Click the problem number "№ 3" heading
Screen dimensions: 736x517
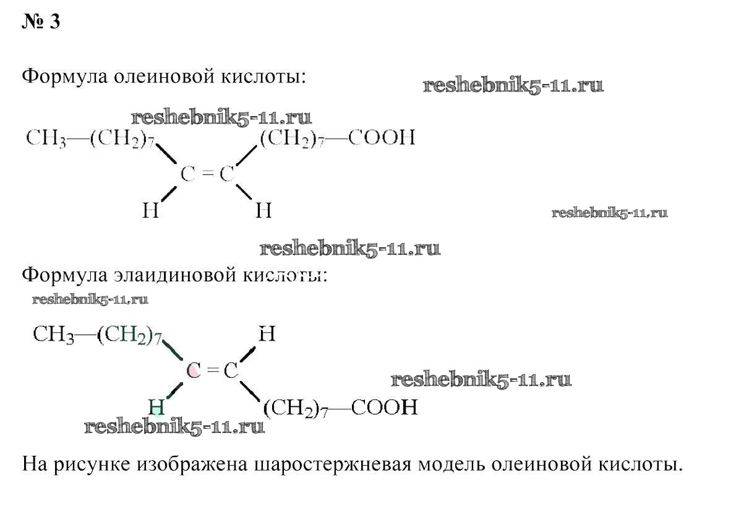point(41,22)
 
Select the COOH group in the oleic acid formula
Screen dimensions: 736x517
point(382,137)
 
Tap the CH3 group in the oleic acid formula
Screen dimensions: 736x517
point(46,139)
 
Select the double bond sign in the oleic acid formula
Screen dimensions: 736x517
point(207,174)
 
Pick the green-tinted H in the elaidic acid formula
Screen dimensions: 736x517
point(156,407)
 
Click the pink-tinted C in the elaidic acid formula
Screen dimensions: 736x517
point(194,370)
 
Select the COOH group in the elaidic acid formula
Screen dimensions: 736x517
point(384,407)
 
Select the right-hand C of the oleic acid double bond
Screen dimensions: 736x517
point(227,174)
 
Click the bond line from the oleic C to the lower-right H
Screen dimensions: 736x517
point(246,192)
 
